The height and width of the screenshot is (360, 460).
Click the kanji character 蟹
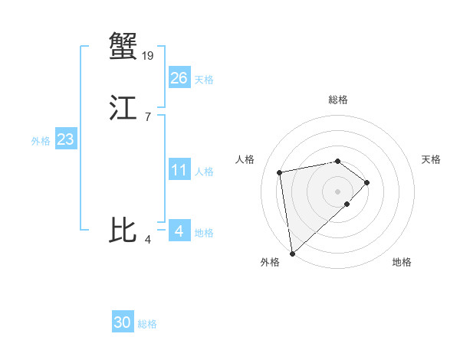(x=123, y=46)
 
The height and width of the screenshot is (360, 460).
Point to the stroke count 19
(x=148, y=55)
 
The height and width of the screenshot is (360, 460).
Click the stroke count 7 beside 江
(x=147, y=116)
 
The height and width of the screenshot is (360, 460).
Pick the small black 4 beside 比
(x=147, y=240)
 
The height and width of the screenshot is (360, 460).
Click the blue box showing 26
(x=179, y=78)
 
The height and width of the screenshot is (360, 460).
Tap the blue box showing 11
(x=179, y=170)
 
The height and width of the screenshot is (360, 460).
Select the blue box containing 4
(x=179, y=231)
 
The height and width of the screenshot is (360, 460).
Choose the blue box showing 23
(x=65, y=139)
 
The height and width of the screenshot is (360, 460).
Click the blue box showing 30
(x=123, y=322)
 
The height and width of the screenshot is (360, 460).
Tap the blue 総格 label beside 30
(x=147, y=324)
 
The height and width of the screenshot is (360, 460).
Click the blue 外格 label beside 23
(x=41, y=141)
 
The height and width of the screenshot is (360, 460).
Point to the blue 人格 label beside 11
(x=205, y=172)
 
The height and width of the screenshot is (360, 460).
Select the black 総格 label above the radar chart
(x=338, y=100)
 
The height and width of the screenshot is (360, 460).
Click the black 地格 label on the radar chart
(x=402, y=262)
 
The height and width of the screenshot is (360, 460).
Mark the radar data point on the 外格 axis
(x=292, y=253)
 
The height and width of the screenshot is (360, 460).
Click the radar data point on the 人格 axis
(x=280, y=172)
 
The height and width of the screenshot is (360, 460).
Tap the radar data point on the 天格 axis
(x=367, y=182)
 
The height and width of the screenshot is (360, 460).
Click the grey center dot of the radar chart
(x=338, y=191)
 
